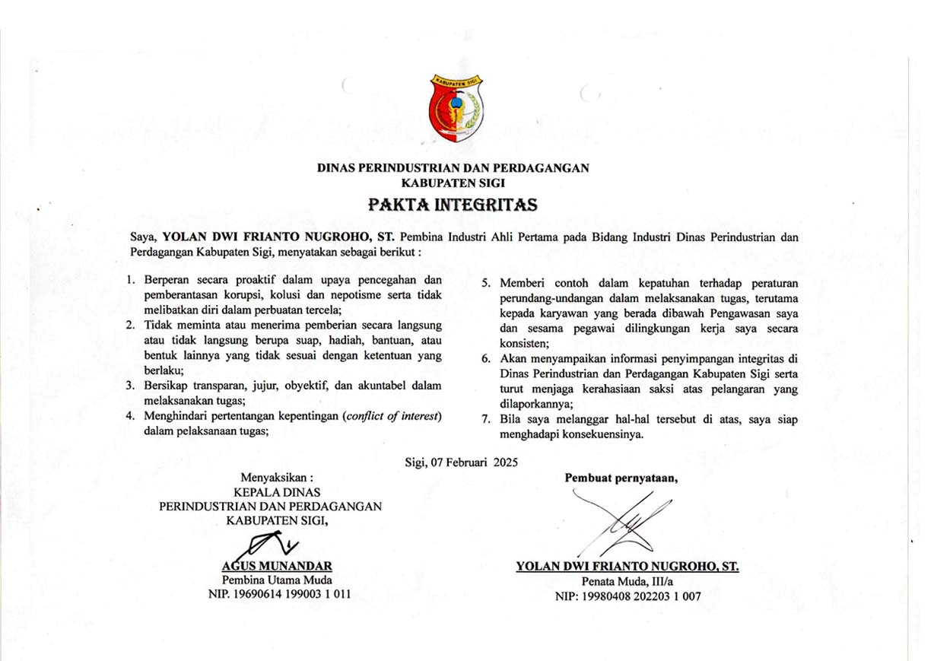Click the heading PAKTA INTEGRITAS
pos(453,205)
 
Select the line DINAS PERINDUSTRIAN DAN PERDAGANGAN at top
pos(453,168)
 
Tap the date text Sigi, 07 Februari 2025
pos(462,461)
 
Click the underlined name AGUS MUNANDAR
pos(276,566)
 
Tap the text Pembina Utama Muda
pos(276,580)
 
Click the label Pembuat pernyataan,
pos(621,478)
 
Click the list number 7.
pos(485,420)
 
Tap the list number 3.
pos(130,386)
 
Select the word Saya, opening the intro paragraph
pos(144,237)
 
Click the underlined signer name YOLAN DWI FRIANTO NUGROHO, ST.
pos(627,567)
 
